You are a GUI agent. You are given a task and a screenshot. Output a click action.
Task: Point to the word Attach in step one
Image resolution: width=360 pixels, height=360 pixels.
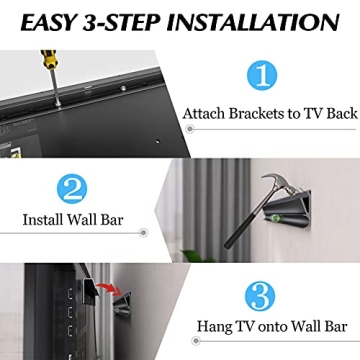pyautogui.click(x=205, y=114)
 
